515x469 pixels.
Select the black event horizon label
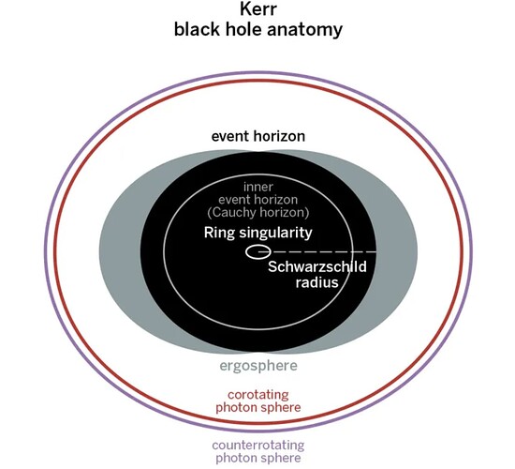(x=258, y=136)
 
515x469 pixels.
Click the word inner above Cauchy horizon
(x=258, y=187)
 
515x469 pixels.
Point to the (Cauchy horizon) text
(x=258, y=213)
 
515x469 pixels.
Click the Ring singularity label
(x=258, y=233)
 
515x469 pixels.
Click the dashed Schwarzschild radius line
(x=317, y=252)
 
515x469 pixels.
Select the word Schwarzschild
(x=317, y=266)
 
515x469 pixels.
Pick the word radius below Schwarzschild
(x=316, y=282)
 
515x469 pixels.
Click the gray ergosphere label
(x=258, y=366)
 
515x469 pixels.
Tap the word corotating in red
(x=258, y=394)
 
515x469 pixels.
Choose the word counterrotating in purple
(x=258, y=446)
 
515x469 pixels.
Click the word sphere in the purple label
(x=281, y=458)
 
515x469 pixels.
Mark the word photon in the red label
(x=235, y=407)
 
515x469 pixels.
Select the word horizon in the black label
(x=282, y=136)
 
